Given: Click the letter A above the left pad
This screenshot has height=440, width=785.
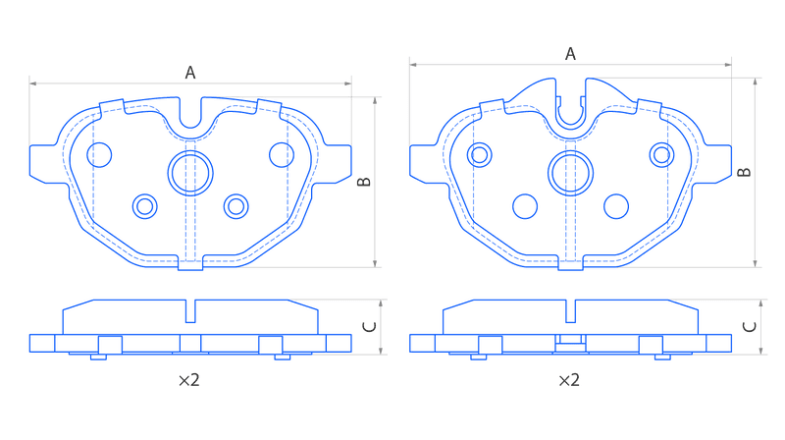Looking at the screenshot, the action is point(190,73).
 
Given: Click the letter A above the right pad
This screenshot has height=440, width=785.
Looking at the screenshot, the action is point(570,54).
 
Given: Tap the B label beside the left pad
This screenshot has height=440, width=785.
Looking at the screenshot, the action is point(364,182).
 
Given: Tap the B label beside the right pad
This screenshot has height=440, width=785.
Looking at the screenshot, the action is point(745,173).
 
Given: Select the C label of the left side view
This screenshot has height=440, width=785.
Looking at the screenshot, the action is point(369,327).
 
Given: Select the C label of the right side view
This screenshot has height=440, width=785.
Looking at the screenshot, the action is point(750,327).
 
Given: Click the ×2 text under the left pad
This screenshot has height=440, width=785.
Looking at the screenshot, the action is point(189,380).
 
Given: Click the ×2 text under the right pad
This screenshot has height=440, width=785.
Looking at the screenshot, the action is point(569,380).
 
